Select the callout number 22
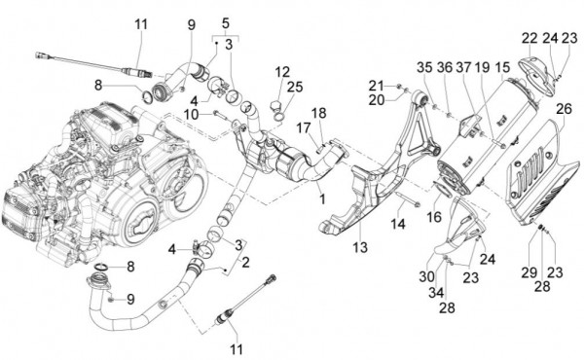529,38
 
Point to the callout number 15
502,67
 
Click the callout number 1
225,21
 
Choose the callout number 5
225,21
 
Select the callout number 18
318,112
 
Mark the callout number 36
444,67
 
